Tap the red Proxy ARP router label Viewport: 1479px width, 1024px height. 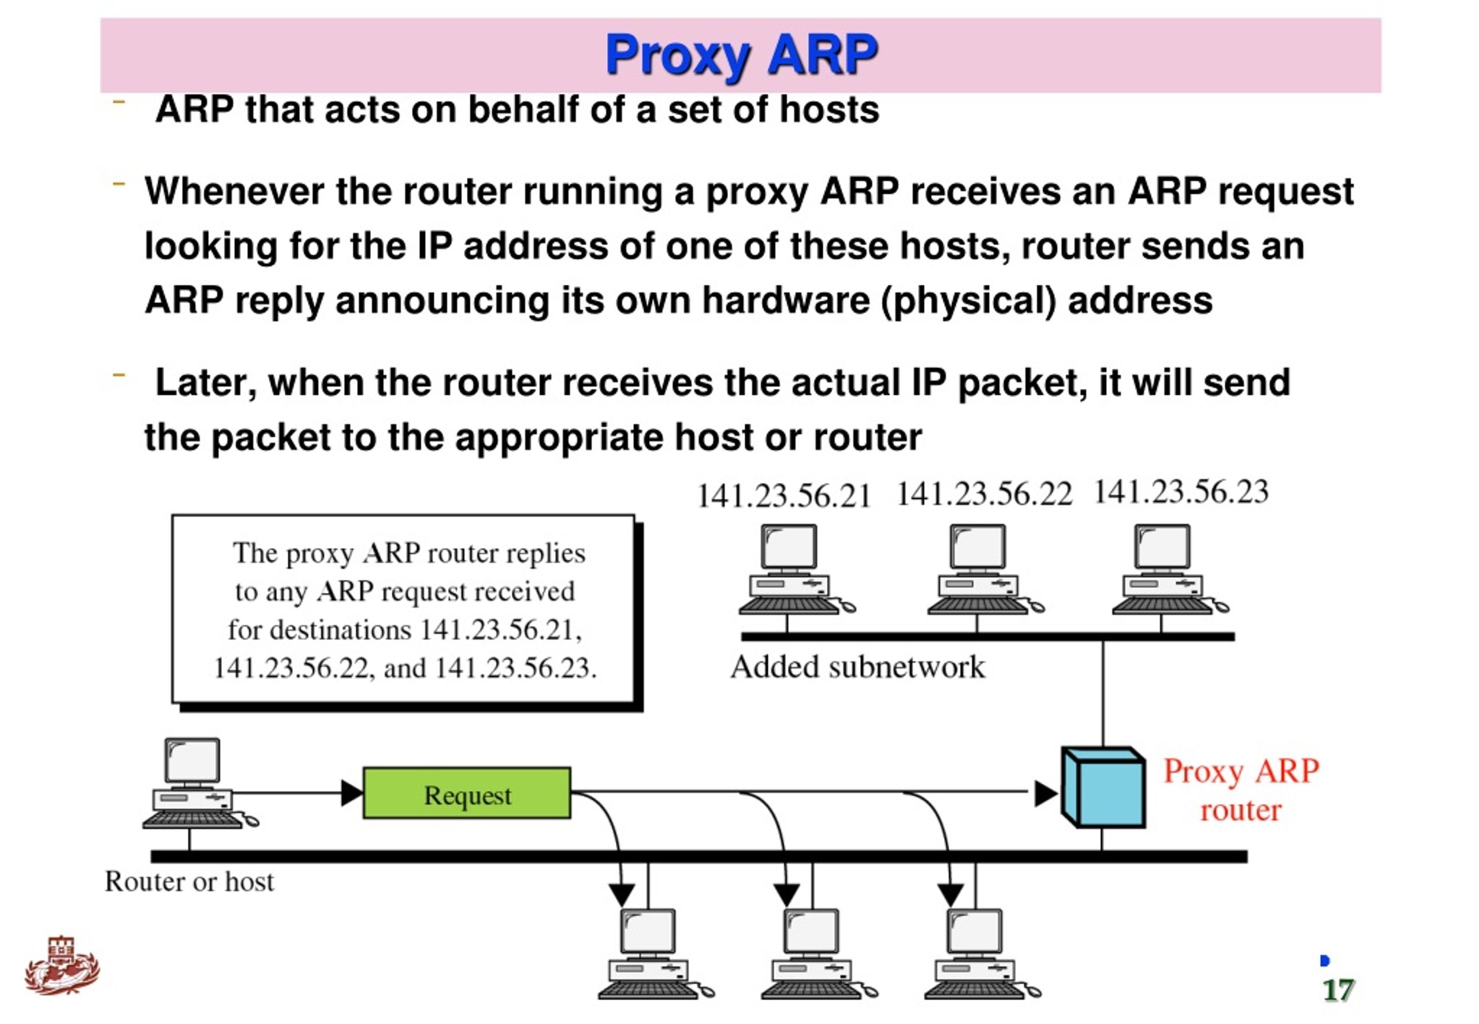[1241, 790]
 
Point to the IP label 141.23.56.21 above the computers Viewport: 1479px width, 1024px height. [784, 496]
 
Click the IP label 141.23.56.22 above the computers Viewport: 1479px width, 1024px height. [984, 495]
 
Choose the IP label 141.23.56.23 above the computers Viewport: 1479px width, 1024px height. [1181, 492]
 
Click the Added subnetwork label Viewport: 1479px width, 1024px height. [857, 667]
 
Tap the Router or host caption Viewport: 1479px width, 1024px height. [189, 882]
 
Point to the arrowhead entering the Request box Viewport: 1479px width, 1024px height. [351, 793]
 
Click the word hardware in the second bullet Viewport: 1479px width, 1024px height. [786, 300]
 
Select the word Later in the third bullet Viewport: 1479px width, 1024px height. [206, 383]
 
